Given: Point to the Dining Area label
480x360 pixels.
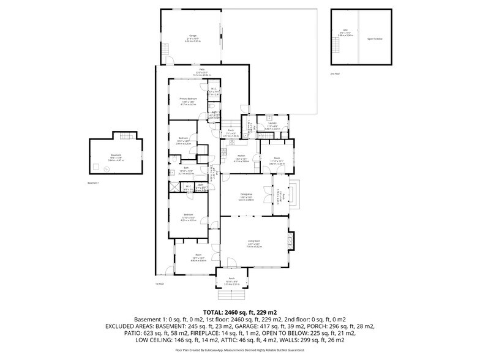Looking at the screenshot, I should coord(246,197).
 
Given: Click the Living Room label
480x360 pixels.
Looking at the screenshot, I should coord(253,242).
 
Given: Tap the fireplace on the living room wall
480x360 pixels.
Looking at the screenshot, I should coord(291,240).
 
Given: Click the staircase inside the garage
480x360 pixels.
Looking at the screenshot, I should coord(171,60).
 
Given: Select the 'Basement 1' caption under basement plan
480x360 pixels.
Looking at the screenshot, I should coord(93,182).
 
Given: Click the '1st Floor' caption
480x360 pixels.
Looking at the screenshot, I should coord(160,283).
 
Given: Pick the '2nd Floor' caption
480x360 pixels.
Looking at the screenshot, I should coord(334,73).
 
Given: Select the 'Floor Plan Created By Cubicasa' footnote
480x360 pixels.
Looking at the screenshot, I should coord(239,350).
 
